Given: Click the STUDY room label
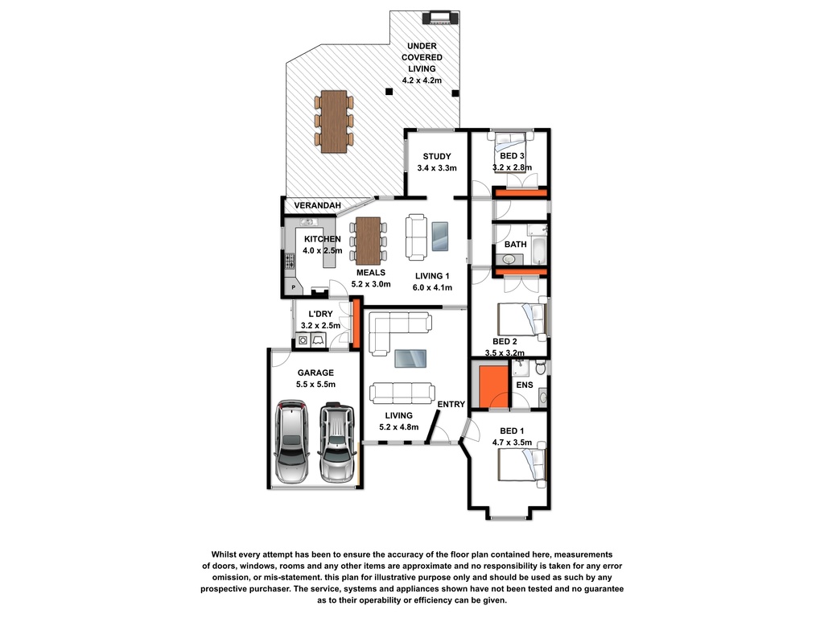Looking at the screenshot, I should pos(436,156).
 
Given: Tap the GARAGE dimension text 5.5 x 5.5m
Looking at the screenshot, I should pos(315,385).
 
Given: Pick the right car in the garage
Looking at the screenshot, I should pos(336,443).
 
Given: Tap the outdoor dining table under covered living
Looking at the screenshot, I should pos(333,122).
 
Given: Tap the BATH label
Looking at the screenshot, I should pos(515,244).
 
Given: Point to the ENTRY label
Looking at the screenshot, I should pos(451,404).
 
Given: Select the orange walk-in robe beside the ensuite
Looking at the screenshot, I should pos(493,387).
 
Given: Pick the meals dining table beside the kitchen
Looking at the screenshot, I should pos(368,241).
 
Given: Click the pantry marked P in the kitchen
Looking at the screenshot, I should pos(294,286).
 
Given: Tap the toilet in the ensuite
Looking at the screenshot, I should pos(540,368).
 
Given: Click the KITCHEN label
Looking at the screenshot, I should pos(322,239).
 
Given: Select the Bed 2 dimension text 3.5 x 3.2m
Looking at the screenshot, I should pos(505,352).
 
